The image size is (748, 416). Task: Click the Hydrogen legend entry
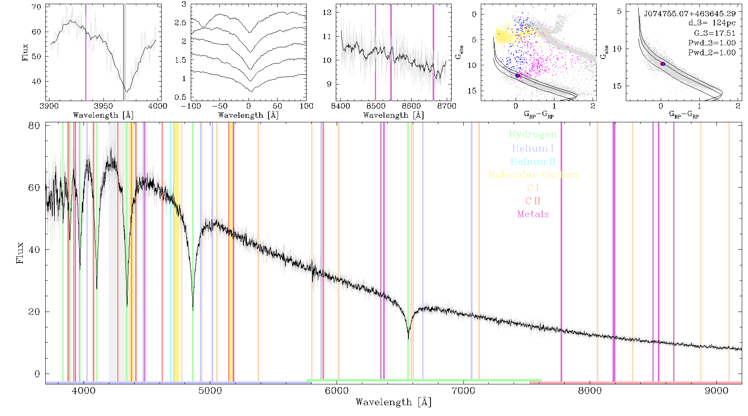coord(532,134)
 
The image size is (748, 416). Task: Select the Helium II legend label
coord(532,161)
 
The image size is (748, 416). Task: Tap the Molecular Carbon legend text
coord(533,175)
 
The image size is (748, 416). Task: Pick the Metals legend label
coord(533,214)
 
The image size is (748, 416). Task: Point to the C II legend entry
coord(533,201)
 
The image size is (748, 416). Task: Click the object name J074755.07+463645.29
coord(690,14)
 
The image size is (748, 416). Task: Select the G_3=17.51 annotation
coord(715,33)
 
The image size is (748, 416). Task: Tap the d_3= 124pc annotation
coord(712,23)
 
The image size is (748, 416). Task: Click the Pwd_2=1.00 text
coord(712,52)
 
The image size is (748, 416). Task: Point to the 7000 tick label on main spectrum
coord(463,391)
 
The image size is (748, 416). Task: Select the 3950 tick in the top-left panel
coord(103,106)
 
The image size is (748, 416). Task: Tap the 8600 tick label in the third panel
coord(412,106)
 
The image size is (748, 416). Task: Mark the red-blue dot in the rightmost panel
coord(663,64)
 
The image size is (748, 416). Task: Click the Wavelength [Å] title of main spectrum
coord(394,402)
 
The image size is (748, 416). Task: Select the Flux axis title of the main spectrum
coord(20,253)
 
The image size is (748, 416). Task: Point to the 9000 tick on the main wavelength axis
coord(716,391)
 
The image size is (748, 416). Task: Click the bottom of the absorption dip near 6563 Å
coord(408,339)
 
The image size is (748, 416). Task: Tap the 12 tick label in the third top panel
coord(327,12)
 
